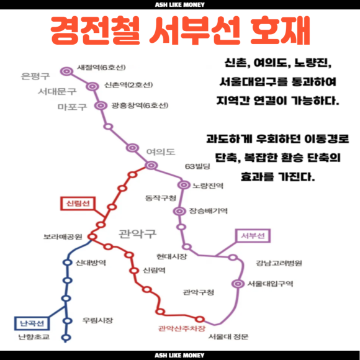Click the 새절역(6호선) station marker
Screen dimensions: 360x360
point(67,71)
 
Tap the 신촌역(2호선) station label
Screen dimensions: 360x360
point(128,85)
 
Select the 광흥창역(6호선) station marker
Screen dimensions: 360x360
point(101,106)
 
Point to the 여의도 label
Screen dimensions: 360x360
point(161,152)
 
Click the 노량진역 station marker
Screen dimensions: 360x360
point(184,185)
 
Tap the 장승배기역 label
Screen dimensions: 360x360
point(208,211)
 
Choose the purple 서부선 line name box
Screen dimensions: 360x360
point(253,236)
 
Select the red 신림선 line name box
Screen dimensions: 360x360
point(78,204)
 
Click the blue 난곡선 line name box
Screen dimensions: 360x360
point(32,323)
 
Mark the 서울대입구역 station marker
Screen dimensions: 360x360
point(238,284)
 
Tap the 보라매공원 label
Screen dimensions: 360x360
point(63,236)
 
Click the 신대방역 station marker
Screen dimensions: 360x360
point(67,262)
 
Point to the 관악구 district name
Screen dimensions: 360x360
point(137,234)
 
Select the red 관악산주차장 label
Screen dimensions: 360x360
point(182,328)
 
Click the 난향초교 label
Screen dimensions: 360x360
point(34,337)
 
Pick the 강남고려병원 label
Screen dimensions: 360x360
point(279,263)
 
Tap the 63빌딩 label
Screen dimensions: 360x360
point(197,166)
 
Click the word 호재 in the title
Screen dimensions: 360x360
point(280,30)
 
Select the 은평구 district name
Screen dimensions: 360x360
point(35,76)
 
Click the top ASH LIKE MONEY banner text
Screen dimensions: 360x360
point(180,4)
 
